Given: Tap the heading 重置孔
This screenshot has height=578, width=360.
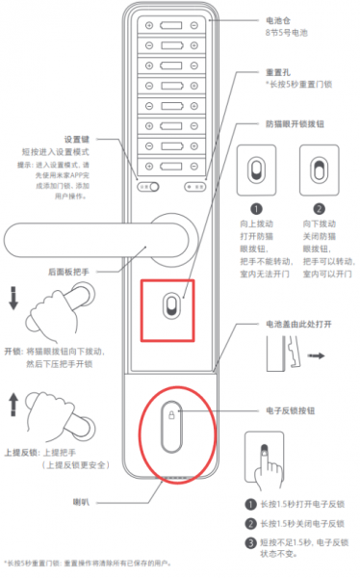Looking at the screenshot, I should (276, 72).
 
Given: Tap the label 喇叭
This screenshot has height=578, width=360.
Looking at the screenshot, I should (84, 501).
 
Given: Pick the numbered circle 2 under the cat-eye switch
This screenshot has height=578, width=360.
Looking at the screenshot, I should (320, 207).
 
